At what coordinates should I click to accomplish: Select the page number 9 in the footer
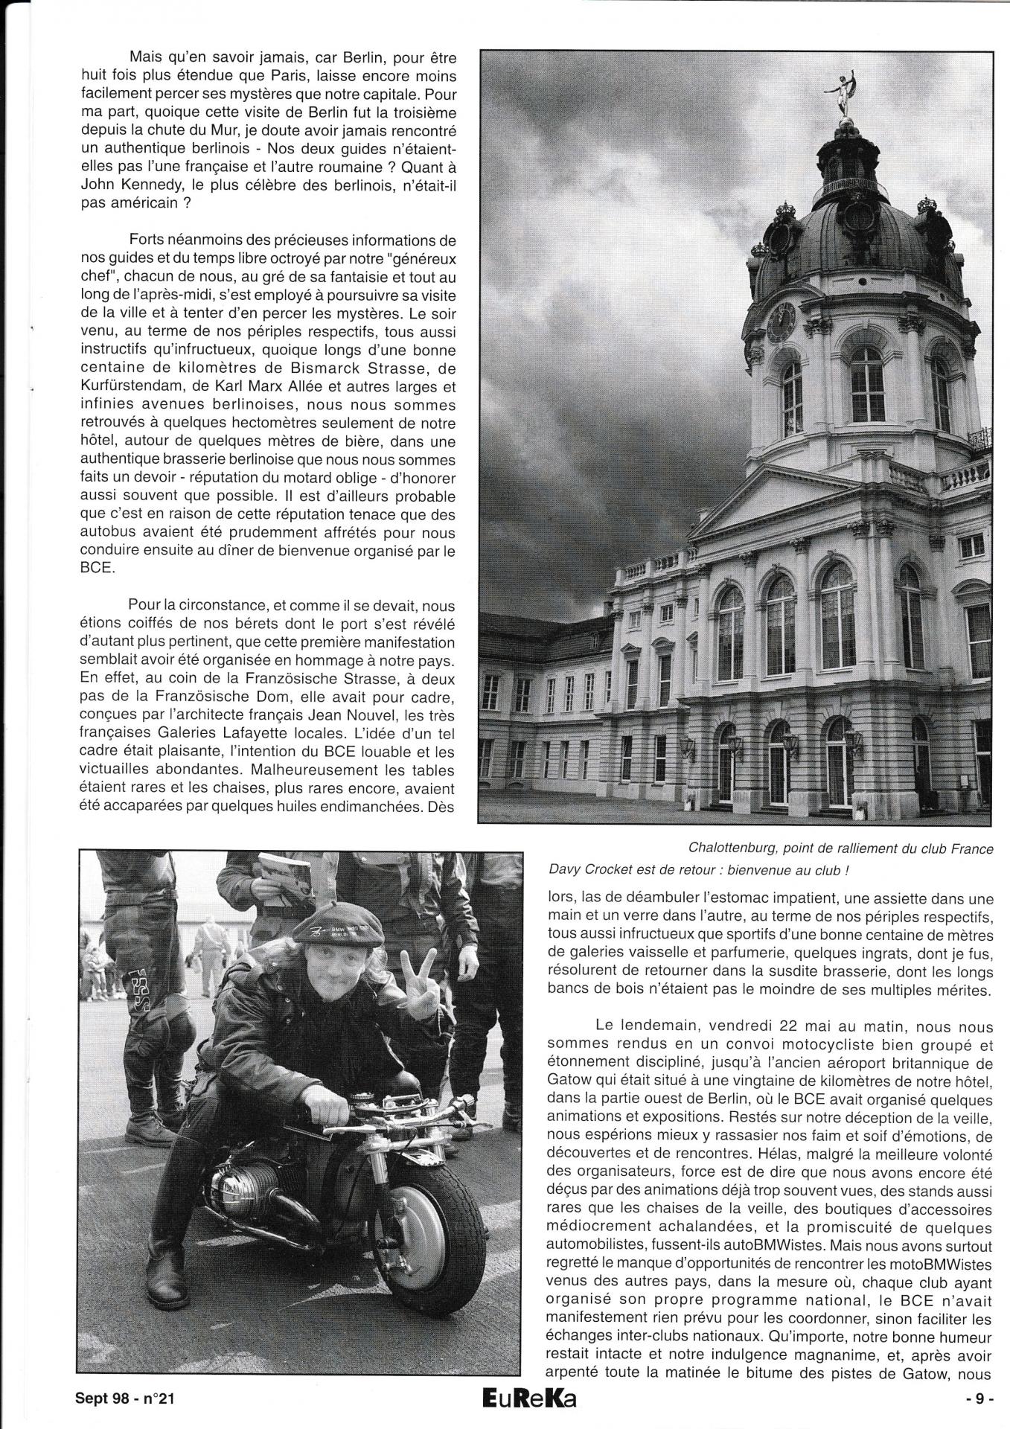(985, 1398)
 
